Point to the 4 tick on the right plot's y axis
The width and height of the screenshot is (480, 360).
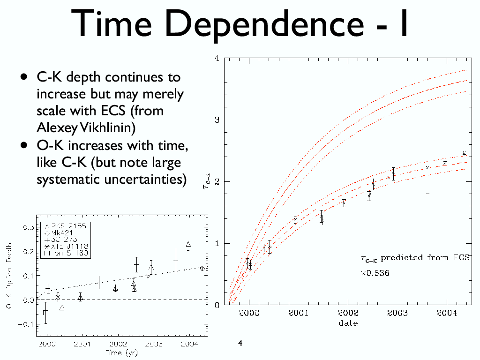[217, 58]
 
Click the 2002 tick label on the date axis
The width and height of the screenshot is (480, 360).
[347, 314]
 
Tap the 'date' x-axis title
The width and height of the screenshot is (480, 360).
[347, 323]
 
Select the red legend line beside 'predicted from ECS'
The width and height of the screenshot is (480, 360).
[346, 258]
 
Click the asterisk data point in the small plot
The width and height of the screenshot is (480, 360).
[58, 297]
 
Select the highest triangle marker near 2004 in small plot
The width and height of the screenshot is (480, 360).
[188, 244]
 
